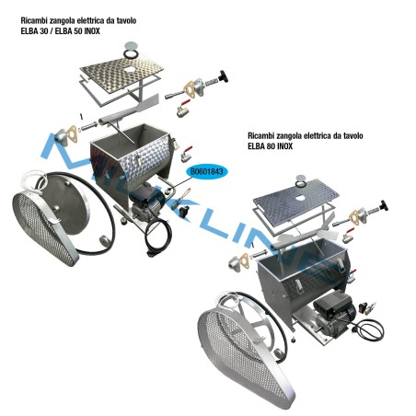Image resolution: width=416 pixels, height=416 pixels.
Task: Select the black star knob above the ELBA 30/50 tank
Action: [220, 76]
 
